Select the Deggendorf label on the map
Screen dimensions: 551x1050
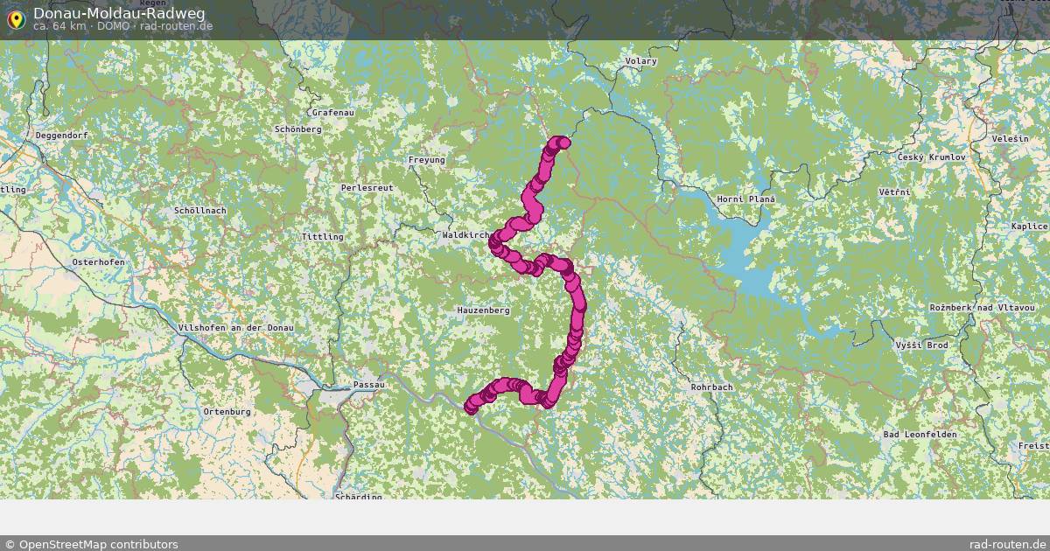click(x=62, y=136)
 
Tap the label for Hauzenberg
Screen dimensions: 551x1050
click(x=483, y=310)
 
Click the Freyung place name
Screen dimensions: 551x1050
click(x=427, y=160)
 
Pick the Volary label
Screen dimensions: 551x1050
click(x=641, y=61)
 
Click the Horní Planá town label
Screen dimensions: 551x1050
click(x=746, y=199)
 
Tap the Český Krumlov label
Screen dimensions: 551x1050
click(x=931, y=157)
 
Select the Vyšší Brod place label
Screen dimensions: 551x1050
click(x=921, y=345)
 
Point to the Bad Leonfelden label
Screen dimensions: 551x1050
click(x=920, y=435)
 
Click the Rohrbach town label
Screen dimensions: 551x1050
click(x=711, y=387)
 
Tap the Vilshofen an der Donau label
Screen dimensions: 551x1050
click(x=235, y=327)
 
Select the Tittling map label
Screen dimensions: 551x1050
click(x=322, y=237)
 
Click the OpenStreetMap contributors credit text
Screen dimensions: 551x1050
click(x=91, y=544)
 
